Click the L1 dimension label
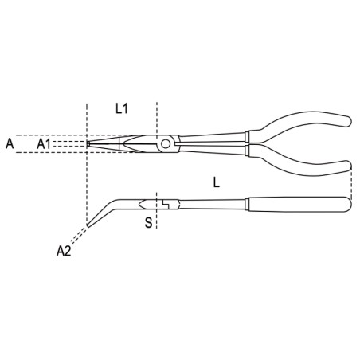click(122, 108)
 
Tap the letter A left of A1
click(10, 143)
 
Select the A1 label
click(45, 143)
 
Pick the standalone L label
click(217, 182)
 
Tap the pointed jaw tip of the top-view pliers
click(89, 143)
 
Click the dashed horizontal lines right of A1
click(72, 143)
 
